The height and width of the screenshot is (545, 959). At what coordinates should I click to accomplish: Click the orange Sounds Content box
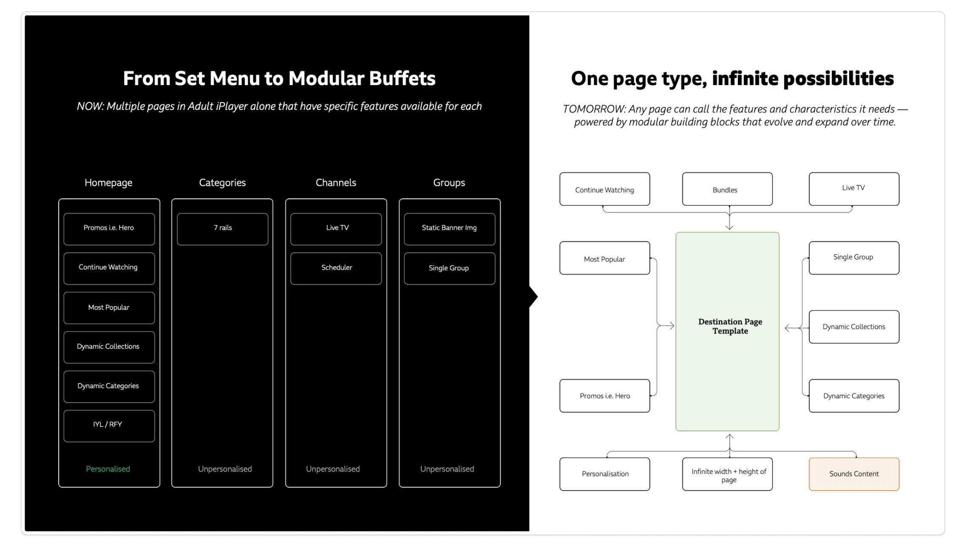854,474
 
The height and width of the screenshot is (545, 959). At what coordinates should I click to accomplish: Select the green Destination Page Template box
727,331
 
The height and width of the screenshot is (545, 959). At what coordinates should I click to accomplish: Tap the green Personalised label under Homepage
108,469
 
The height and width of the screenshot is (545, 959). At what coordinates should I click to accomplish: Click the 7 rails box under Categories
223,229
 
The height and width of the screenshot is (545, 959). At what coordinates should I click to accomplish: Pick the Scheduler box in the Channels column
336,269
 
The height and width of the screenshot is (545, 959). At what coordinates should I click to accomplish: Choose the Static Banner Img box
450,229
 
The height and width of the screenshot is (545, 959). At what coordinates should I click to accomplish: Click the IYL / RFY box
109,426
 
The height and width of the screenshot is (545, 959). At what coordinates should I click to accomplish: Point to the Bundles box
727,189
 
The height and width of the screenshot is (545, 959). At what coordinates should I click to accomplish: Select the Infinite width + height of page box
727,474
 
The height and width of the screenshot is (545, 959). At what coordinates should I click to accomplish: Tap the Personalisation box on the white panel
605,474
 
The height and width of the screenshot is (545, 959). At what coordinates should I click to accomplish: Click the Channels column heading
336,183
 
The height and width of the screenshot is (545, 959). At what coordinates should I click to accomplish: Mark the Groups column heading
449,183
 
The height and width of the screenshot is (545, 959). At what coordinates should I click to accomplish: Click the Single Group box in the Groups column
450,269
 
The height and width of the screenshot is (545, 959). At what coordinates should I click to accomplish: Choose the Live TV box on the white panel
854,189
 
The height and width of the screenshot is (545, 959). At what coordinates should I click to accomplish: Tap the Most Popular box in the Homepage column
109,308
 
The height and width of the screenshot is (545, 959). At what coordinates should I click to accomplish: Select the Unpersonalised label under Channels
333,469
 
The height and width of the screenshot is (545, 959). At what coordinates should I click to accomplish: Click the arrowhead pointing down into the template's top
729,227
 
